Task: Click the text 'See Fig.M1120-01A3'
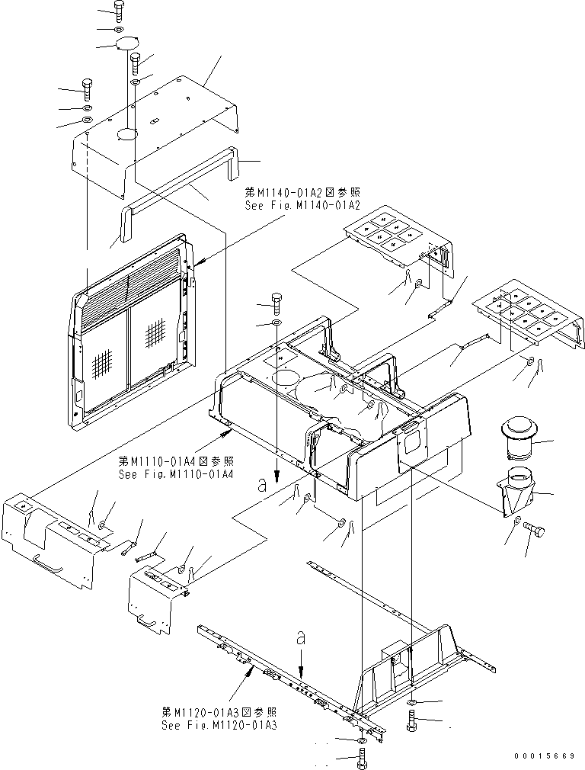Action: [x=219, y=724]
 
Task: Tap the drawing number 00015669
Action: [x=545, y=756]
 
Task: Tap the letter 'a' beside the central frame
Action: [x=262, y=482]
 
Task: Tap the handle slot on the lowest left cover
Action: [x=152, y=626]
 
